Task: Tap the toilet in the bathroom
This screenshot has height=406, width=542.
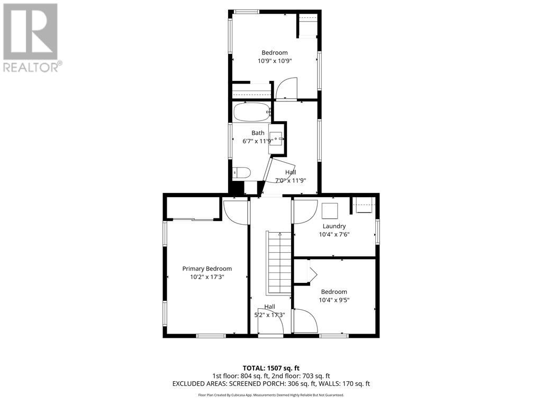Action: click(241, 173)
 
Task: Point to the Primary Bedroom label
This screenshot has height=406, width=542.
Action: click(207, 269)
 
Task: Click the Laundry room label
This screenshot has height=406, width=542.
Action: click(334, 226)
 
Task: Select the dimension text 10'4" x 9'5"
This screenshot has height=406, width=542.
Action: click(334, 300)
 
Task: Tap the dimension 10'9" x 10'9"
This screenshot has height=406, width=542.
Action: click(275, 61)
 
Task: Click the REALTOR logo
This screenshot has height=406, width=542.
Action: click(31, 38)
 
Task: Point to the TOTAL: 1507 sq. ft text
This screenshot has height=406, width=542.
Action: click(271, 368)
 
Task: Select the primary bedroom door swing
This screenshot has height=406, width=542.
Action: click(236, 211)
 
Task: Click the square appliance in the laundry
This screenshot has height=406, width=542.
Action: click(330, 210)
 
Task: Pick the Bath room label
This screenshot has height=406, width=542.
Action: click(258, 133)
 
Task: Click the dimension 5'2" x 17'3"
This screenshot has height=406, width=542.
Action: click(269, 315)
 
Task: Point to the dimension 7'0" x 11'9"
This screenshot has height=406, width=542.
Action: click(291, 180)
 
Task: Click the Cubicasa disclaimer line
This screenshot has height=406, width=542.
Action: click(271, 395)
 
